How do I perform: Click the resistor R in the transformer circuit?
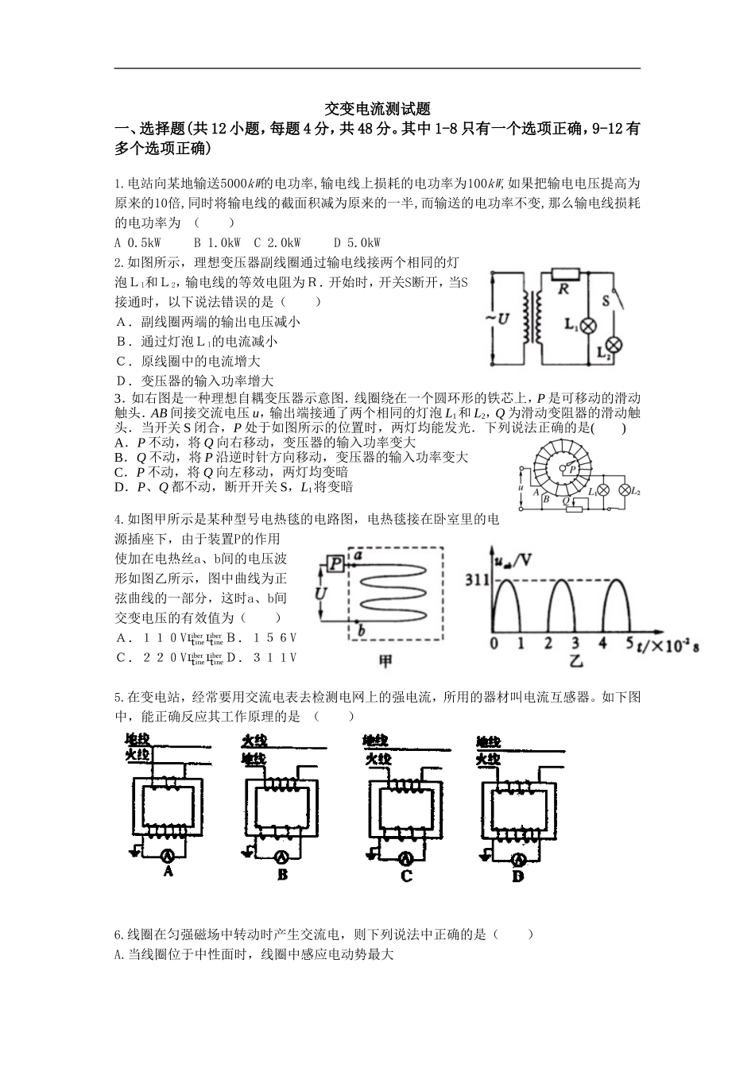click(x=563, y=273)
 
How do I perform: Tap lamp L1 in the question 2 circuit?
click(x=589, y=325)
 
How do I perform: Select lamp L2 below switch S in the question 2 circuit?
click(x=614, y=345)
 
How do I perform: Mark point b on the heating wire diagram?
click(x=362, y=631)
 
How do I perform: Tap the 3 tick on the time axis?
click(x=575, y=644)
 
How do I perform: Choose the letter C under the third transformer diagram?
click(x=406, y=876)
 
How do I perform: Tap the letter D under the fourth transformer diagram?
click(x=518, y=876)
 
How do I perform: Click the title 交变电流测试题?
click(x=377, y=109)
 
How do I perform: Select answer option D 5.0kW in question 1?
click(x=357, y=242)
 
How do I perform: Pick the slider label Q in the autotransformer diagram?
click(x=566, y=501)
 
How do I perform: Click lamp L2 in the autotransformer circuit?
click(x=624, y=490)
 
